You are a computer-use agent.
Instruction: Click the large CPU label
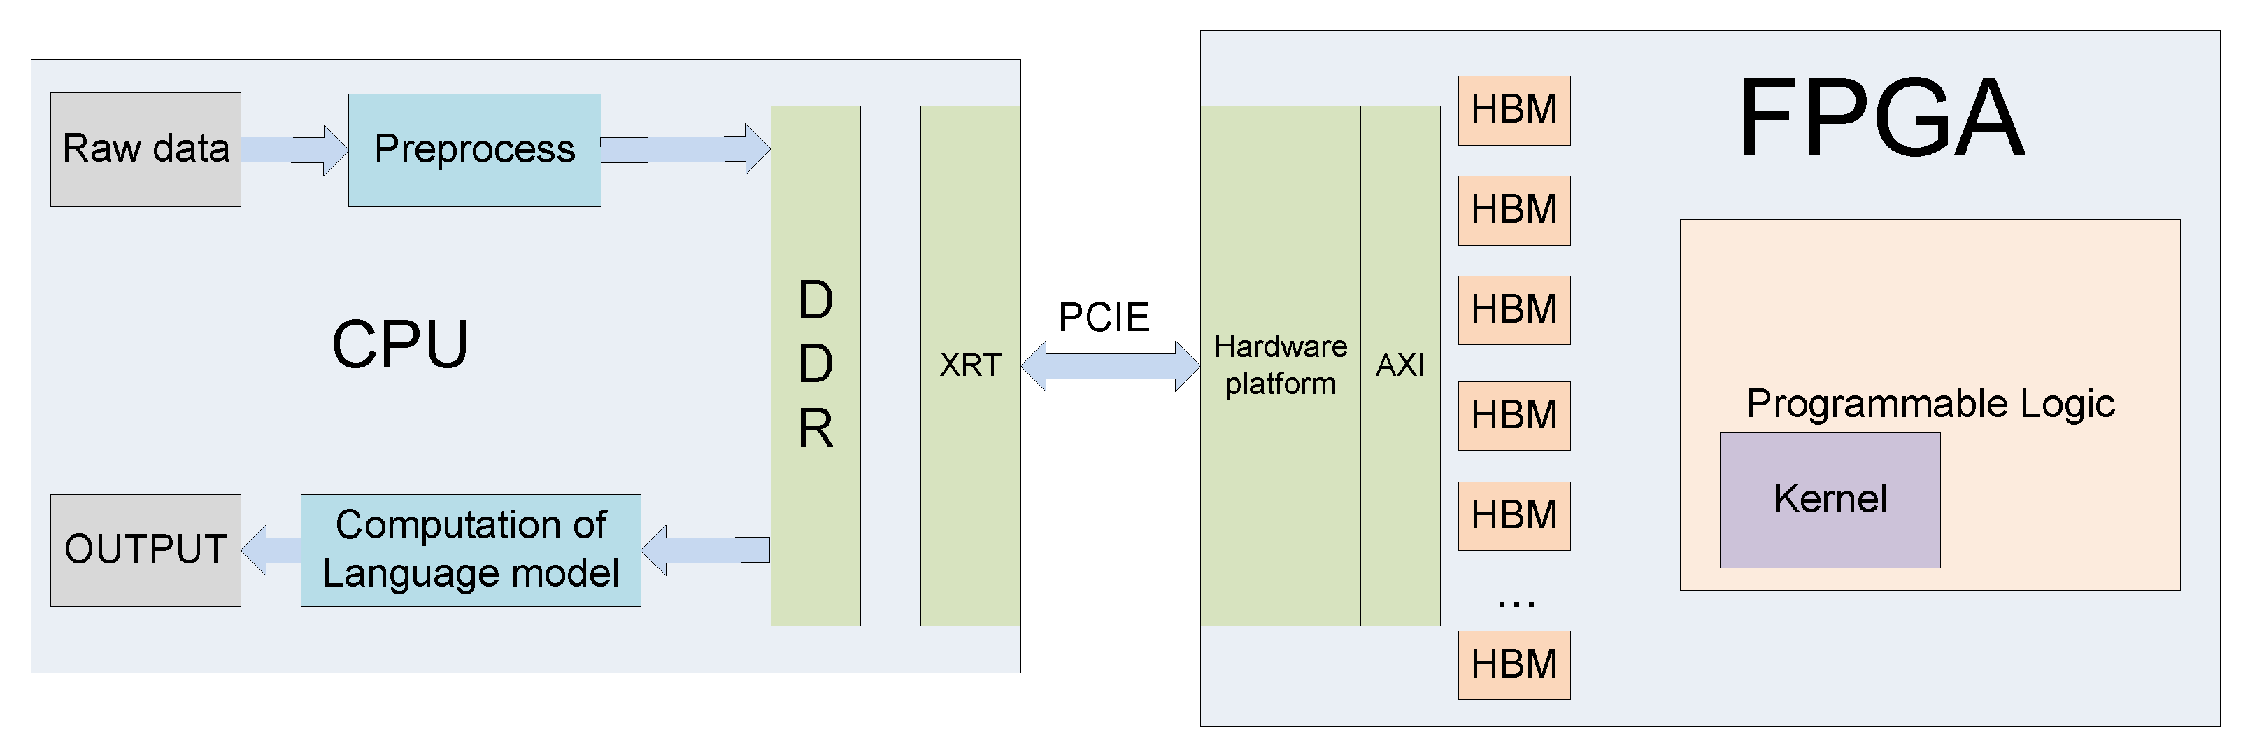tap(400, 344)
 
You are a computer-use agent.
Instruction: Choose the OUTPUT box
tap(145, 549)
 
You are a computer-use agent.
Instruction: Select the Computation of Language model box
tap(470, 549)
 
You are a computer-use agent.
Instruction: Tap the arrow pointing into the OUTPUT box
tap(271, 549)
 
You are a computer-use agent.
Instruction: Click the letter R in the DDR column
tap(815, 428)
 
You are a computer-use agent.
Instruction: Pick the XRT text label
tap(969, 365)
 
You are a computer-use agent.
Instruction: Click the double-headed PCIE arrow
tap(1110, 366)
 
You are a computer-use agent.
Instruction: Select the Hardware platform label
tap(1280, 365)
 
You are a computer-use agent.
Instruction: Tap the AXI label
tap(1400, 365)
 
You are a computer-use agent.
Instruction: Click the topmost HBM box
tap(1514, 110)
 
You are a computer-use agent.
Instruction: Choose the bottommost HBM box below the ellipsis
tap(1514, 664)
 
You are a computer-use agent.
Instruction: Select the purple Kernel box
tap(1829, 500)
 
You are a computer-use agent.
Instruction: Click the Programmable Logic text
tap(1930, 404)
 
